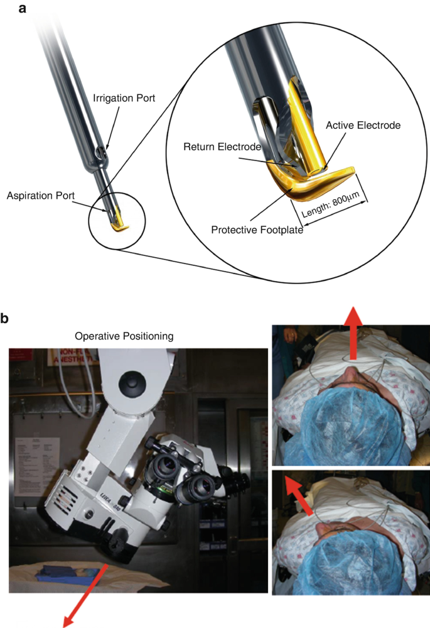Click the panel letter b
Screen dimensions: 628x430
point(6,319)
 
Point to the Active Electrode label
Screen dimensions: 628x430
point(363,125)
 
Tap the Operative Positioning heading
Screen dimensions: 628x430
point(124,337)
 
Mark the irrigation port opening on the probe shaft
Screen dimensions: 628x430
point(106,151)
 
